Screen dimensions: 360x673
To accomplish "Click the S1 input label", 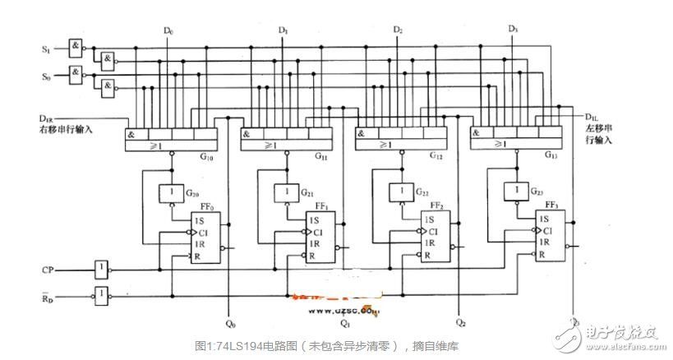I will pyautogui.click(x=46, y=50).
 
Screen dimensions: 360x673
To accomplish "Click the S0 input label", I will pyautogui.click(x=46, y=76).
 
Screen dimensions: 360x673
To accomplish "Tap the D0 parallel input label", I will pyautogui.click(x=168, y=31).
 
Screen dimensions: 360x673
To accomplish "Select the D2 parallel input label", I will pyautogui.click(x=398, y=31).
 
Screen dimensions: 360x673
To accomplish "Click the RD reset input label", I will pyautogui.click(x=48, y=293).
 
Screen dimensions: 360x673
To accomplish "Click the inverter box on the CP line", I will pyautogui.click(x=100, y=269).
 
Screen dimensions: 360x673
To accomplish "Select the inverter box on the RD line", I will pyautogui.click(x=100, y=293).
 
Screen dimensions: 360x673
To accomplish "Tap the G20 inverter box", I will pyautogui.click(x=171, y=195).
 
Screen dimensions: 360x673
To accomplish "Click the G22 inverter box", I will pyautogui.click(x=401, y=195).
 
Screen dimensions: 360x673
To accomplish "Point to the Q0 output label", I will pyautogui.click(x=230, y=323).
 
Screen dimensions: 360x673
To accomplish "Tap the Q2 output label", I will pyautogui.click(x=460, y=323).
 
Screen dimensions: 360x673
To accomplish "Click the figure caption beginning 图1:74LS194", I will pyautogui.click(x=336, y=346).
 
